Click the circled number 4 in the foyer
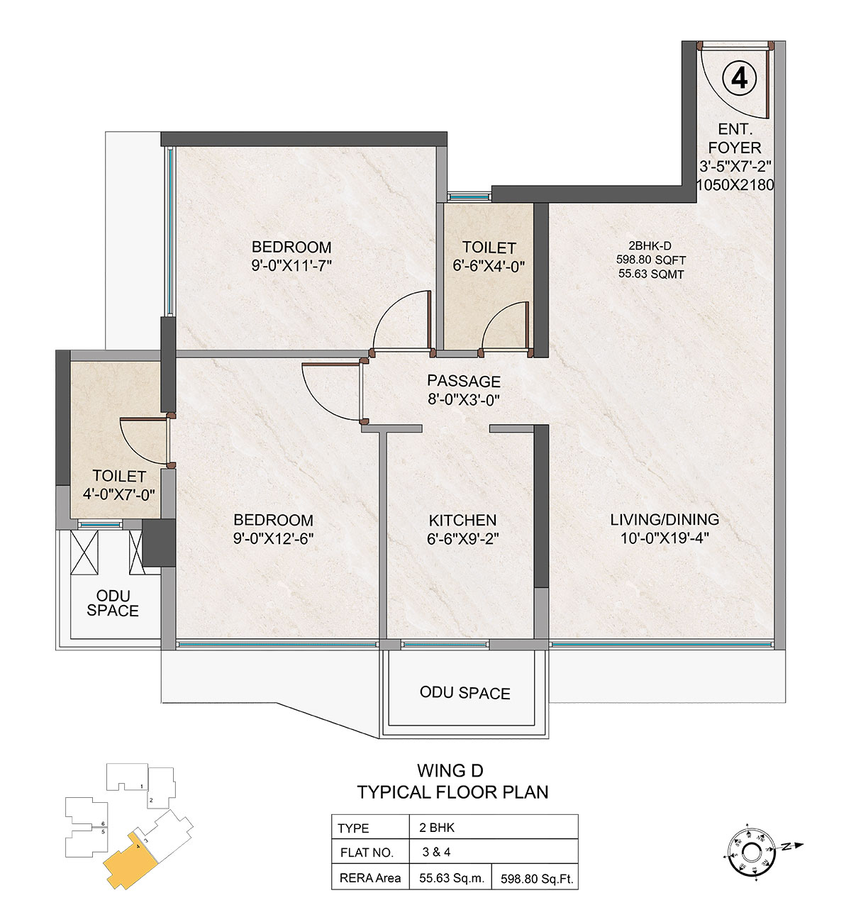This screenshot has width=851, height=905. [x=739, y=79]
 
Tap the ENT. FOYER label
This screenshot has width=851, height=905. [x=734, y=138]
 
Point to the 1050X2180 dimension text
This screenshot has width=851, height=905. [x=735, y=185]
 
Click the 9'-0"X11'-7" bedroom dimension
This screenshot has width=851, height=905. [x=291, y=266]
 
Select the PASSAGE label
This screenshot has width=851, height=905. [x=464, y=381]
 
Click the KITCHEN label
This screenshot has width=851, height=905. [x=462, y=520]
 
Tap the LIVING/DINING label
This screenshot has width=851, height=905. [x=664, y=519]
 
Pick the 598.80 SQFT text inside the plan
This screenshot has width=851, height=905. [x=651, y=260]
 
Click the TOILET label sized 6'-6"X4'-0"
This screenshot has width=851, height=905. [x=489, y=248]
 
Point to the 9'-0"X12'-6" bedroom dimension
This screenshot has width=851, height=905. [x=274, y=539]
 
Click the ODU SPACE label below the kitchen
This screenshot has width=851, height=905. [x=465, y=693]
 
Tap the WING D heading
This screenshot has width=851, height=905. [x=450, y=770]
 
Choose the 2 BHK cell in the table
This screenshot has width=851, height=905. [x=437, y=828]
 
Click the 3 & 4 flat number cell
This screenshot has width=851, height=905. [x=436, y=852]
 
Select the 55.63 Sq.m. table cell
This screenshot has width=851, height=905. [x=452, y=877]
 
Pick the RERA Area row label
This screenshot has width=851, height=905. [x=369, y=878]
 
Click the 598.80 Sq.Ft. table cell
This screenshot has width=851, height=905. [x=537, y=879]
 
